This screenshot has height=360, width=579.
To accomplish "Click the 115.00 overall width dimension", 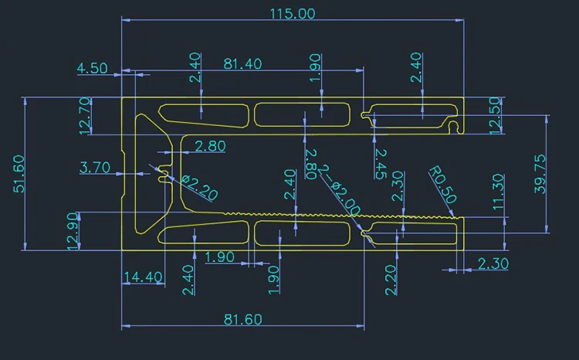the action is click(292, 13).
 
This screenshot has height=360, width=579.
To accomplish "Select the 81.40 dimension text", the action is click(242, 63).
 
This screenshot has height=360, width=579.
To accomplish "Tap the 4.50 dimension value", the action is click(93, 68).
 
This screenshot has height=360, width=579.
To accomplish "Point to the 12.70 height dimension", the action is click(85, 116).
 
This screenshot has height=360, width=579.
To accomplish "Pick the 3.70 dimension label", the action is click(96, 167).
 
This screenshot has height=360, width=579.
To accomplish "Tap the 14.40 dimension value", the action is click(142, 277).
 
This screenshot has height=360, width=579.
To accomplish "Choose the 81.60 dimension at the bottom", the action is click(242, 319).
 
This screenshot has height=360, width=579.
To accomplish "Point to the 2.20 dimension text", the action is click(391, 280).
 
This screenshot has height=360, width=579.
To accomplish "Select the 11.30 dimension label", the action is click(499, 192).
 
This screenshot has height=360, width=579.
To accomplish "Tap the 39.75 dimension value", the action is click(540, 173).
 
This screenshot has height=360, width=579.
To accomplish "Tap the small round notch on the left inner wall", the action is click(163, 176).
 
